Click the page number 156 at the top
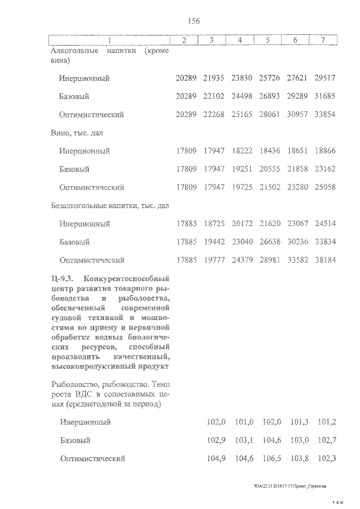coord(193,21)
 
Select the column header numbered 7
coord(323,40)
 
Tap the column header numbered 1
coord(110,40)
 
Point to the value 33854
coord(325,115)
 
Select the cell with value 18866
coord(325,151)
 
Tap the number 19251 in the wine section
coord(242,169)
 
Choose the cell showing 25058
coord(325,187)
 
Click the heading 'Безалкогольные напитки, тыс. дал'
coord(109,206)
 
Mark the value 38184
coord(325,260)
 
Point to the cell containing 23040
coord(242,242)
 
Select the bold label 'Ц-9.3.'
coord(62,279)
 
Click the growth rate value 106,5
coord(272,458)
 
